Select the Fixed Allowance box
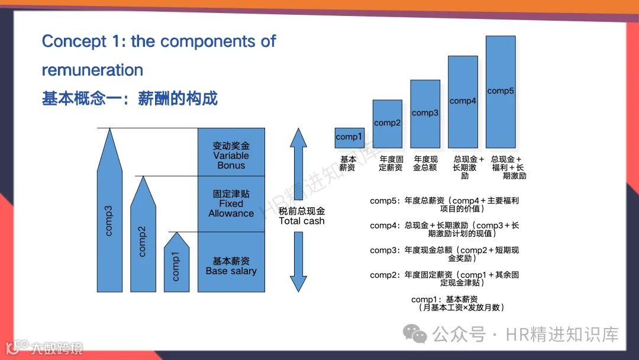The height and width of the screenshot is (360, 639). (x=231, y=203)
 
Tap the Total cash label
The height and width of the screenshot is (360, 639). (x=302, y=216)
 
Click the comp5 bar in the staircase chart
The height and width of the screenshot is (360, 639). (x=501, y=91)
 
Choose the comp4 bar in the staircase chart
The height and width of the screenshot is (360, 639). (x=463, y=101)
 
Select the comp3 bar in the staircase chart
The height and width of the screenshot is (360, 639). (x=425, y=113)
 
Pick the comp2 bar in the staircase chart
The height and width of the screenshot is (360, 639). (x=387, y=123)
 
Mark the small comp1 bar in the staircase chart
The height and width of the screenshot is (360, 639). (x=349, y=137)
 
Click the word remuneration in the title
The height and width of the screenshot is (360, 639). (x=92, y=70)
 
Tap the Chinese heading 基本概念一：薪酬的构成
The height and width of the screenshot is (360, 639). (x=130, y=98)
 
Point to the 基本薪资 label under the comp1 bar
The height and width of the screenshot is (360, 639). (x=348, y=163)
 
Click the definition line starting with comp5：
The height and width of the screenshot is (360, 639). (x=444, y=204)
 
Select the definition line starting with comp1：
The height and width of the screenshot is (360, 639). (x=453, y=303)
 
